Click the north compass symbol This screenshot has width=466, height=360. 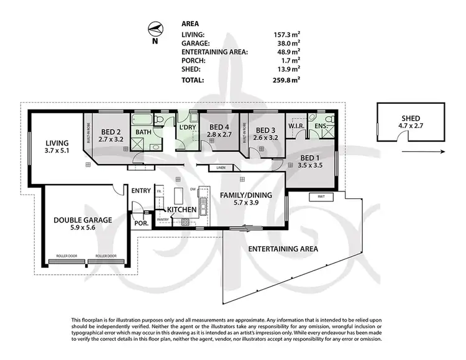155,29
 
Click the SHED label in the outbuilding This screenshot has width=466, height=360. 410,119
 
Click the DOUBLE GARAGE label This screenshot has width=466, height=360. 83,219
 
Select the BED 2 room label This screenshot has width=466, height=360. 111,132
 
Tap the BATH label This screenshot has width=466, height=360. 144,132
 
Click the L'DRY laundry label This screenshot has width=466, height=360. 188,127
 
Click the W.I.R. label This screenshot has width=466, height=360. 296,126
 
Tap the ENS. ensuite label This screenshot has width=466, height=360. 321,126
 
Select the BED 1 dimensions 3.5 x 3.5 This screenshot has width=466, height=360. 309,167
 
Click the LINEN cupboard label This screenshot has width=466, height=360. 221,168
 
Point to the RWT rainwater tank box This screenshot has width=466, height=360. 321,197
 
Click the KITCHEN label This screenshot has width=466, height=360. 180,210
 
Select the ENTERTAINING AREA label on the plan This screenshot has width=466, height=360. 283,249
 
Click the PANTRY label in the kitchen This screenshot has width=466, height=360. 163,219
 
